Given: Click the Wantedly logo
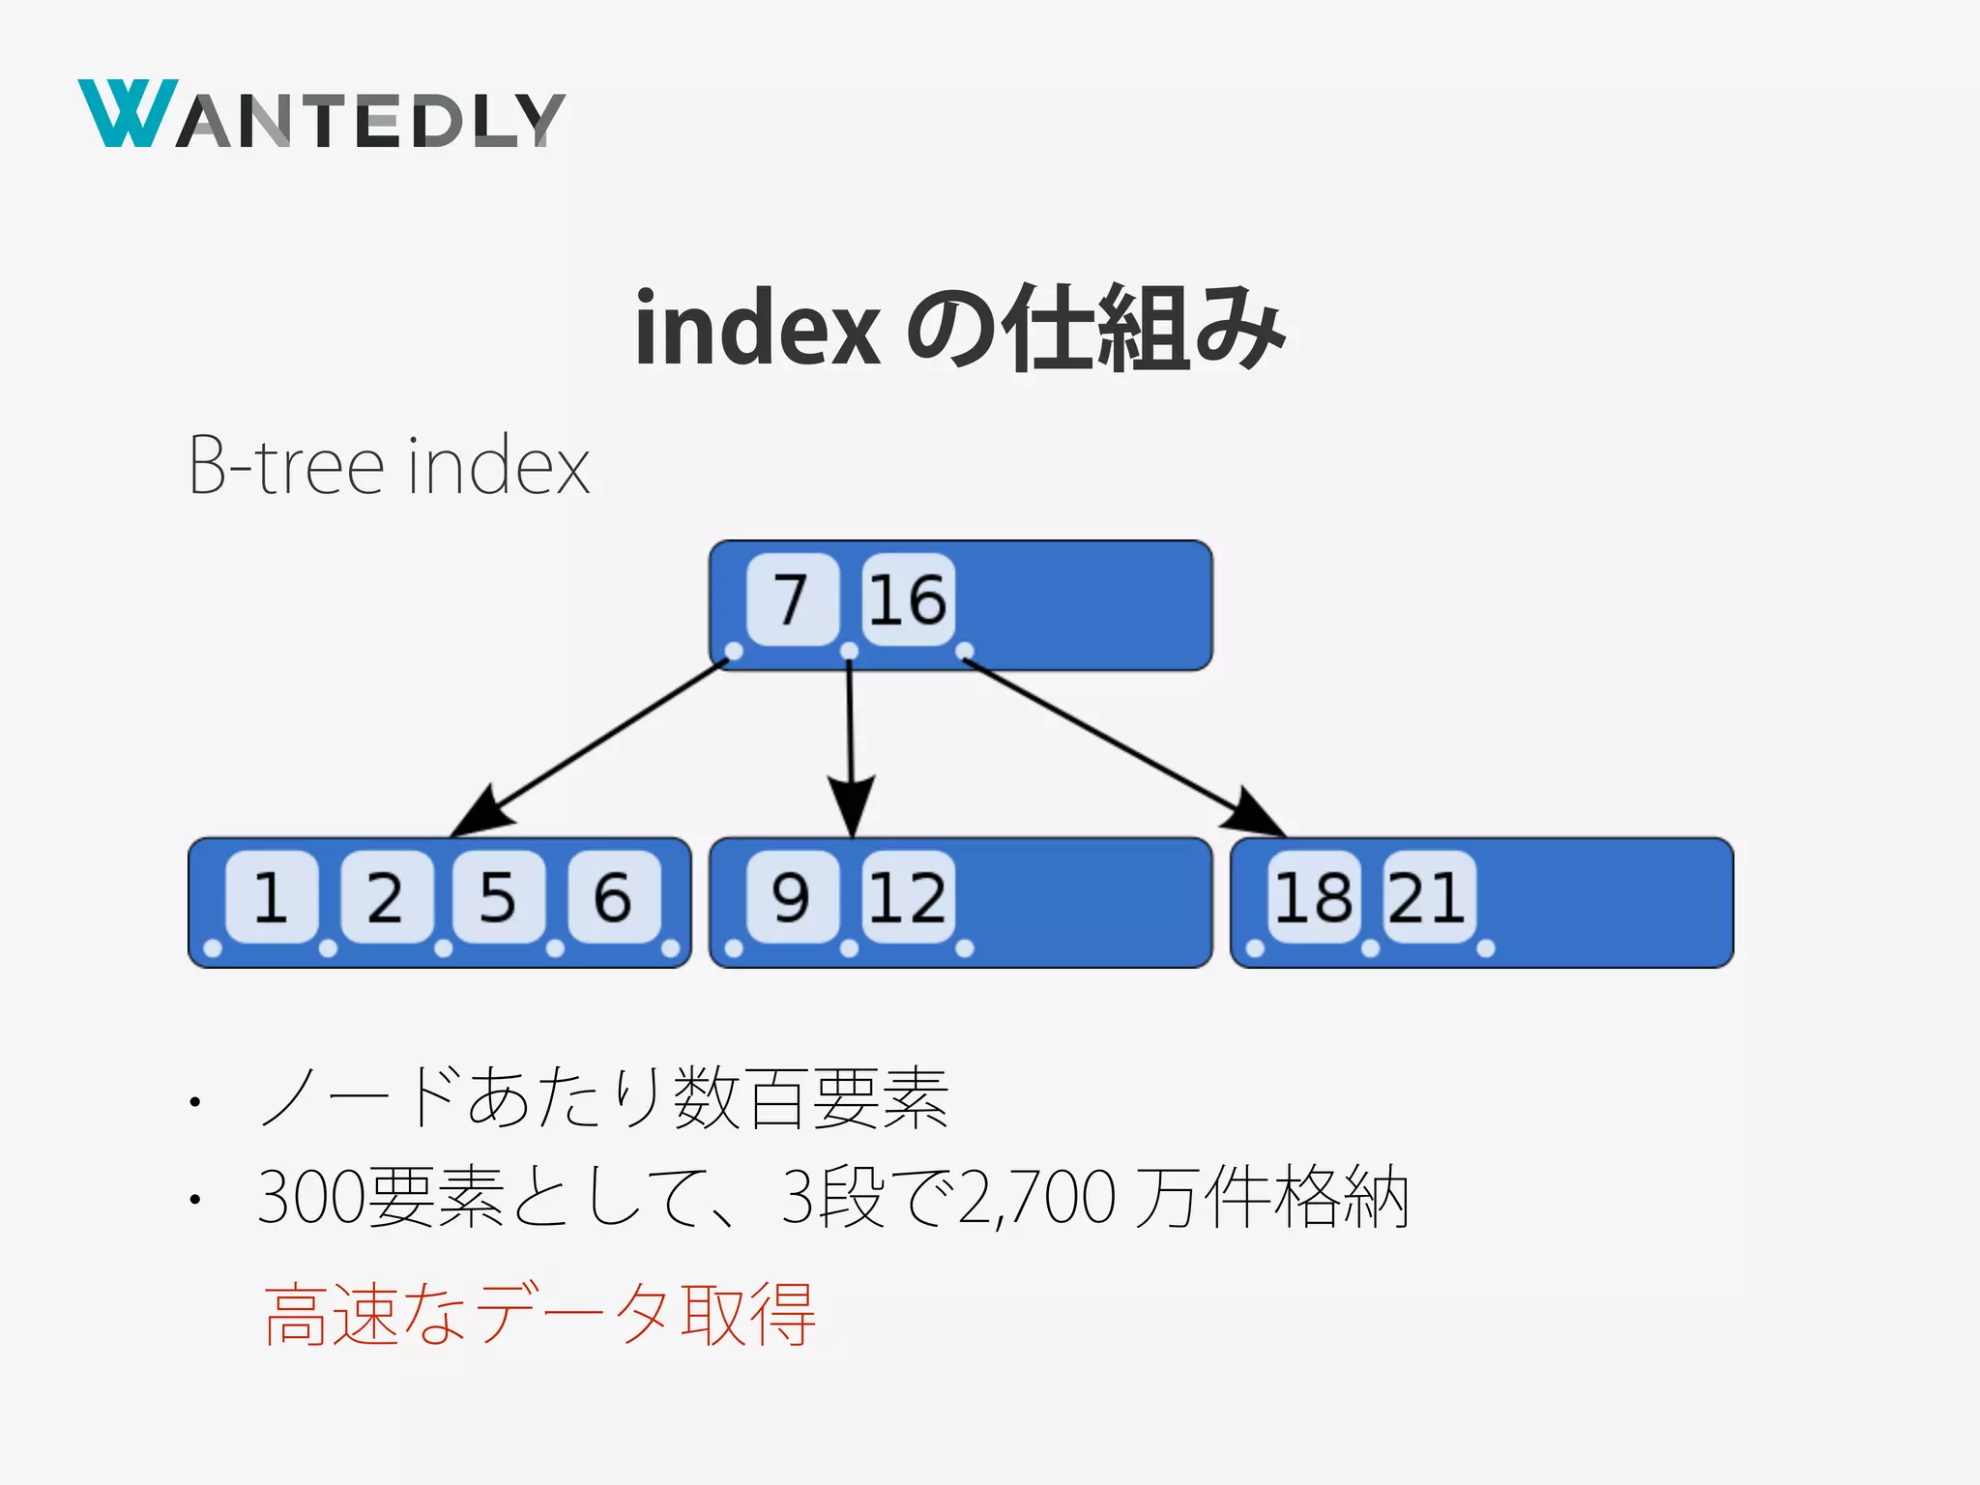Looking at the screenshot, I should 321,115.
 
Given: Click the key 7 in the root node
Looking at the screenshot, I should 792,599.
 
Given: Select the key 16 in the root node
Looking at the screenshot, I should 907,599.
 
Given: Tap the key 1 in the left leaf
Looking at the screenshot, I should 271,897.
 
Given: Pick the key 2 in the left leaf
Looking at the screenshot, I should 385,897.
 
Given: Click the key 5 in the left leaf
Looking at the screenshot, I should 498,897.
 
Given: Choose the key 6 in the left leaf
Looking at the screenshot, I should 613,897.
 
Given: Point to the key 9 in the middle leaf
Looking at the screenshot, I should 792,897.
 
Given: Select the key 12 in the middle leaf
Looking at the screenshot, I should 907,897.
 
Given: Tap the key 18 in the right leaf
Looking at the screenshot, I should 1313,897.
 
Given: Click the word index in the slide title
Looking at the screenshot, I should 757,329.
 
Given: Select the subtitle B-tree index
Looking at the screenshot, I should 389,466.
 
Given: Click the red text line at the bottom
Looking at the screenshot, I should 539,1315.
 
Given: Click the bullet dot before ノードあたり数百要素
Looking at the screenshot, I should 195,1101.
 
